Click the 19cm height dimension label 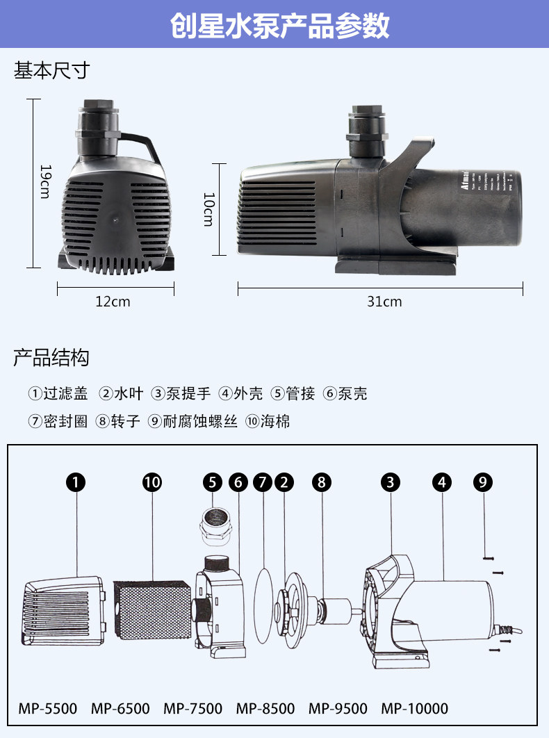pyautogui.click(x=44, y=181)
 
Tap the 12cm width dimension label pyautogui.click(x=113, y=302)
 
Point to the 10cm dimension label pyautogui.click(x=208, y=209)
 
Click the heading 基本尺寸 pyautogui.click(x=52, y=70)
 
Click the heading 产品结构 pyautogui.click(x=51, y=359)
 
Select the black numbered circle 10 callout pyautogui.click(x=151, y=482)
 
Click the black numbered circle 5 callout pyautogui.click(x=213, y=482)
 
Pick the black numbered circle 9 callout pyautogui.click(x=484, y=482)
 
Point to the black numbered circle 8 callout pyautogui.click(x=322, y=482)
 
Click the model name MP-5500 pyautogui.click(x=47, y=709)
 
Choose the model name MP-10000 pyautogui.click(x=414, y=709)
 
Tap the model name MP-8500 pyautogui.click(x=265, y=709)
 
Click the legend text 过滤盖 pyautogui.click(x=65, y=394)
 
